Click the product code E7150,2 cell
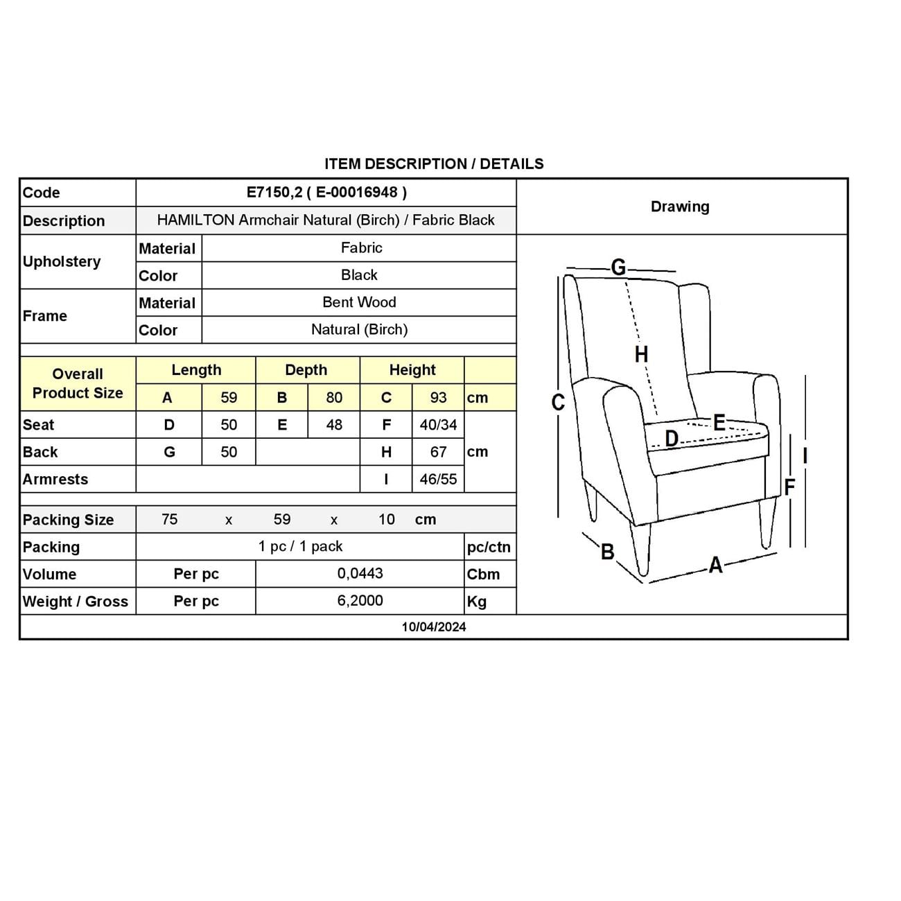coord(326,193)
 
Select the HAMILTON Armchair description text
coord(326,220)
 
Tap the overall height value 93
coord(438,398)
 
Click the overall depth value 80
coord(334,398)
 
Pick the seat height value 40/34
coord(438,425)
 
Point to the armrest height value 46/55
coord(438,479)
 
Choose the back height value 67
coord(438,452)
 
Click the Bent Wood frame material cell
coord(359,302)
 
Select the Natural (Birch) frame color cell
coord(359,330)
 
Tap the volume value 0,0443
coord(360,574)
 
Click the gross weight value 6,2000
coord(360,601)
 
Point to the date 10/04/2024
coord(434,627)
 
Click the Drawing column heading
coord(680,207)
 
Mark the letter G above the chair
coord(618,267)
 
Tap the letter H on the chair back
coord(642,354)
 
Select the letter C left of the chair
coord(558,403)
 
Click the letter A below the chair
coord(716,566)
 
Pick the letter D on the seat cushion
coord(672,439)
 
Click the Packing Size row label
coord(68,520)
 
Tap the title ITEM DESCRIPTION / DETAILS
coord(434,164)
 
